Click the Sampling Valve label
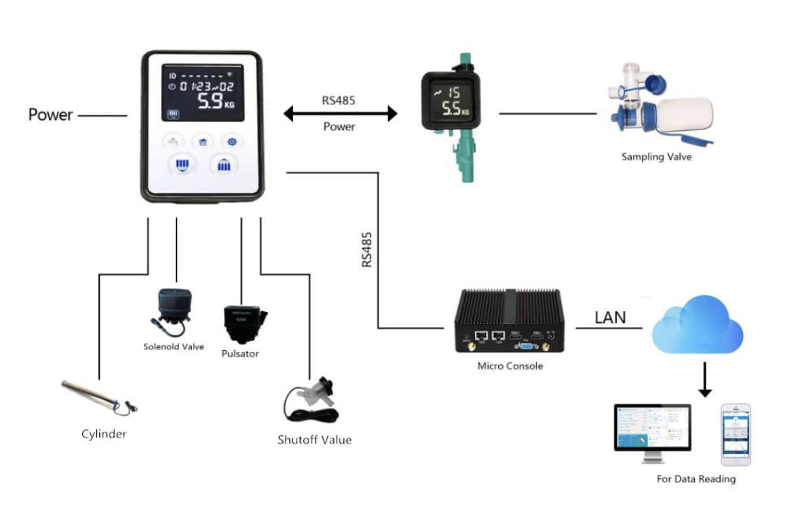(x=656, y=157)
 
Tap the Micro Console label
(x=510, y=366)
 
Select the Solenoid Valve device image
(x=173, y=311)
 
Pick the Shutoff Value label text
(x=314, y=439)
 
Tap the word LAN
(x=610, y=317)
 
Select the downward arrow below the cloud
(x=705, y=380)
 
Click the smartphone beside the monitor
(x=736, y=434)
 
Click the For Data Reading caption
(x=696, y=479)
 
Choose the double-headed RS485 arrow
(x=339, y=114)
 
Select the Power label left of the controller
(x=50, y=115)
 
